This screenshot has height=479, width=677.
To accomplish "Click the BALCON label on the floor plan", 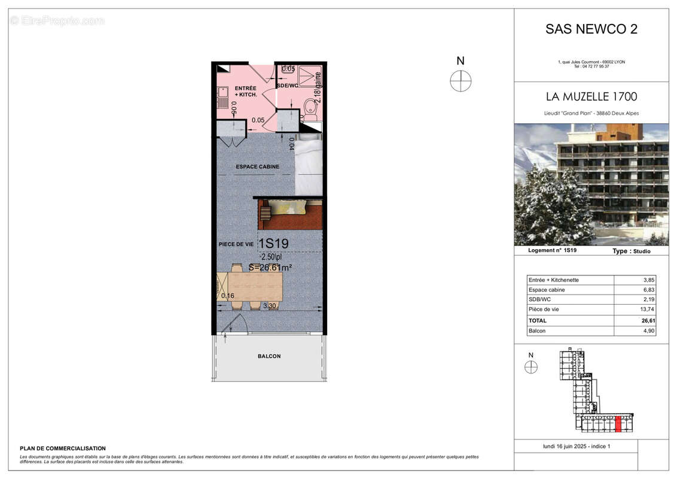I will pyautogui.click(x=269, y=356).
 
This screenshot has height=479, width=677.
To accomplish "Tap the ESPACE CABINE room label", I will pyautogui.click(x=258, y=166).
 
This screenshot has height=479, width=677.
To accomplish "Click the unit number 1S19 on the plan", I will pyautogui.click(x=274, y=244).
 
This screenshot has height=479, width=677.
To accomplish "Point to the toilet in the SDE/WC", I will pyautogui.click(x=310, y=110).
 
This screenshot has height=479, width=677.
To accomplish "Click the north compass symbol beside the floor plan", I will pyautogui.click(x=461, y=80).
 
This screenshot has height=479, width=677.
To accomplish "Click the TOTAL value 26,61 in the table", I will pyautogui.click(x=647, y=321).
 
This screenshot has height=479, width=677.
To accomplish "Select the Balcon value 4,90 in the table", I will pyautogui.click(x=647, y=331).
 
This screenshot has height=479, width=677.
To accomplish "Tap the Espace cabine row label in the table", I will pyautogui.click(x=547, y=290).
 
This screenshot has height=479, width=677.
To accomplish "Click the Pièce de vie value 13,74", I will pyautogui.click(x=647, y=310).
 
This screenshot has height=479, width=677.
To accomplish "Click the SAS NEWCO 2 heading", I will pyautogui.click(x=591, y=29).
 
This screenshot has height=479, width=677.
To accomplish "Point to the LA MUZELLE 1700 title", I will pyautogui.click(x=591, y=96).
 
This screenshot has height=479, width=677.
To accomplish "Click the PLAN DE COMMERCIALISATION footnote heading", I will pyautogui.click(x=63, y=448).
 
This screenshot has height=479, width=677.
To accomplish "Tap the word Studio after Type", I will pyautogui.click(x=640, y=251).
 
